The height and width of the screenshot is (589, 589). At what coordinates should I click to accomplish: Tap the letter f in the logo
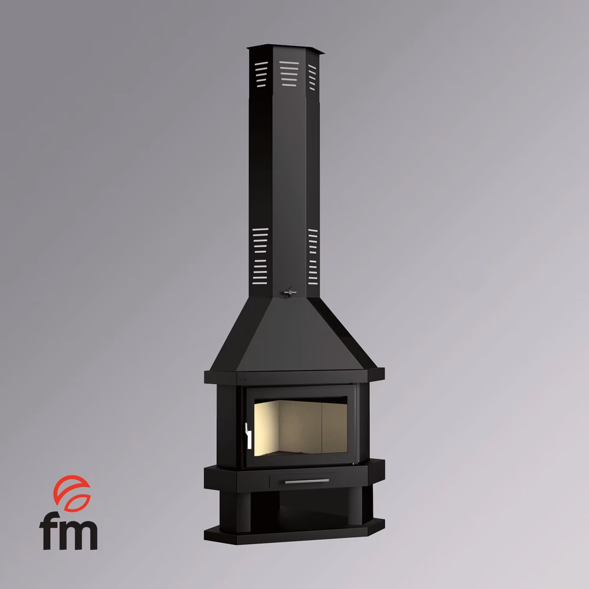(50, 532)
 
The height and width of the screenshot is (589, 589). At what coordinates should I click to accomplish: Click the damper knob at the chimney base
(289, 291)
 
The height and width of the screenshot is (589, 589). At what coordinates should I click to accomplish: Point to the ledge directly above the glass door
(294, 376)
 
